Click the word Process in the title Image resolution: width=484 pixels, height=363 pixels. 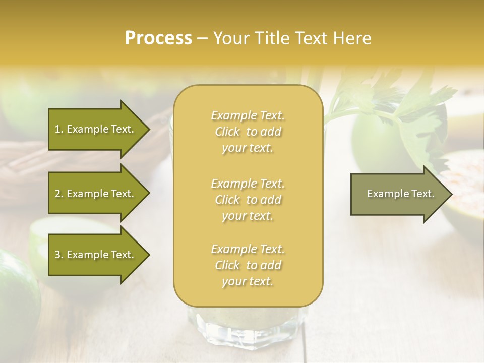(158, 39)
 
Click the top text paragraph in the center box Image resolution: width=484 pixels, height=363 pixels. (248, 132)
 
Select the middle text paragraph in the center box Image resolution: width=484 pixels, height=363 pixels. (248, 200)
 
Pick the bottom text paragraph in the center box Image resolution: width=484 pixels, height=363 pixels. (248, 265)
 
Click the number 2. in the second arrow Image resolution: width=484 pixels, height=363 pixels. (59, 194)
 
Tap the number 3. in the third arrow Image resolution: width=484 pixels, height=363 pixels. (59, 255)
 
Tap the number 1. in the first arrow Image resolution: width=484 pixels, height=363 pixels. (59, 129)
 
